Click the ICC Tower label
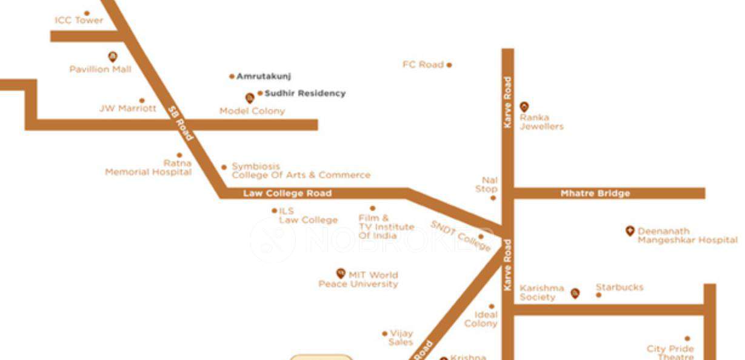[x=79, y=21]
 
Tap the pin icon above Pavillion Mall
[x=112, y=57]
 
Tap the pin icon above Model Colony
[x=249, y=98]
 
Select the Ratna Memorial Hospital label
[x=149, y=168]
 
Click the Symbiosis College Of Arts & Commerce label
[x=301, y=171]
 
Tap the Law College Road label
[x=287, y=193]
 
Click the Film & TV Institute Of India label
[x=386, y=227]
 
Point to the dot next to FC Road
[x=449, y=65]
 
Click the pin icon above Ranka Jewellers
[x=524, y=107]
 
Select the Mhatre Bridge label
[x=595, y=193]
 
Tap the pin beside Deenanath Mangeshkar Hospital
[x=630, y=231]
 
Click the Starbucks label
[x=620, y=287]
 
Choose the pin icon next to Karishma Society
[x=575, y=293]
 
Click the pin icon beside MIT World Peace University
[x=341, y=273]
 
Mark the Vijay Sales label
[x=401, y=338]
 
